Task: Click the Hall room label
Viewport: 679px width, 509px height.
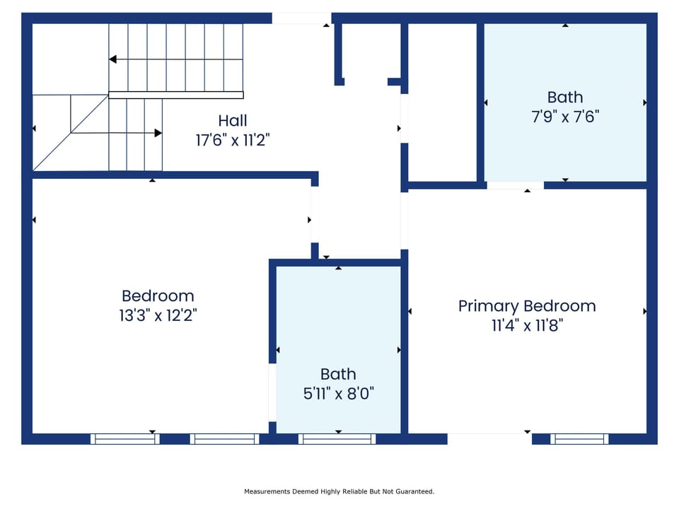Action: (233, 121)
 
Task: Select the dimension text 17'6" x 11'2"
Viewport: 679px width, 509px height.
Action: (233, 140)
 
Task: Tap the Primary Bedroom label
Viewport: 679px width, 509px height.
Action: (527, 306)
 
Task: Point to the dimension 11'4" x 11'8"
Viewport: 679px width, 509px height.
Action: (527, 325)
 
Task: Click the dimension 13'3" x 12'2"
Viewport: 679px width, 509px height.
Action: (158, 315)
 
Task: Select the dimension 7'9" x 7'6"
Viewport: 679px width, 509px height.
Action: (565, 117)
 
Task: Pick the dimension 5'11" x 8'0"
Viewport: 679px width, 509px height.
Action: (339, 393)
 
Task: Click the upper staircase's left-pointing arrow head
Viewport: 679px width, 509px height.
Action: (112, 59)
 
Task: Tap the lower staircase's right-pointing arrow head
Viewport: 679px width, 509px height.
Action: (158, 132)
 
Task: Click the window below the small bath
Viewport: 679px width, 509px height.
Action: (337, 439)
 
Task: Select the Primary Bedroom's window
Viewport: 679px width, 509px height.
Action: (579, 439)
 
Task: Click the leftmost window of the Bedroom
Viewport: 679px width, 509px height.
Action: (125, 439)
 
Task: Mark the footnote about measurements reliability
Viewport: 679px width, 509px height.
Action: (339, 491)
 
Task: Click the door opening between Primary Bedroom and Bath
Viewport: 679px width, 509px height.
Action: (515, 185)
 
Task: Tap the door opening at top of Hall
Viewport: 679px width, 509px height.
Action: (301, 18)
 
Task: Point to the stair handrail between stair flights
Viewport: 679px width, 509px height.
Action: (175, 95)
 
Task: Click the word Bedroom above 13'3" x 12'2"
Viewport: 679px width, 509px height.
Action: (158, 296)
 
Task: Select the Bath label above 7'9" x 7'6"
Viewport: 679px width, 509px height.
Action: (565, 98)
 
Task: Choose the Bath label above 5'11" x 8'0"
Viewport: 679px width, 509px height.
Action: (339, 374)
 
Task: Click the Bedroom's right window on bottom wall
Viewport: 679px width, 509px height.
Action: (225, 439)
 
